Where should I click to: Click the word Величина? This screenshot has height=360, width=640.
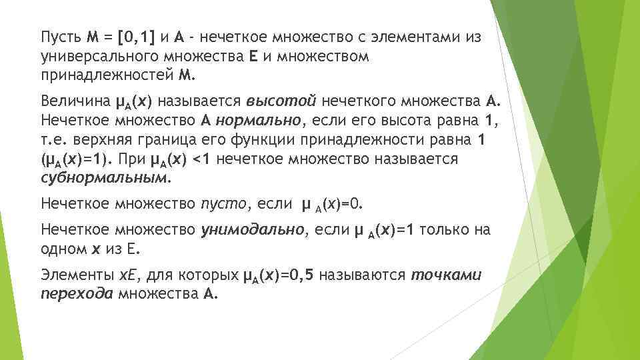tap(74, 101)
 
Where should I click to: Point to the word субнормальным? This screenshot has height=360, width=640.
tap(104, 179)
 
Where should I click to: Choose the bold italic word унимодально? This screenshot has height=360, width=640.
tap(253, 230)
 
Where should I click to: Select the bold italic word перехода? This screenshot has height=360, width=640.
tap(76, 294)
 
